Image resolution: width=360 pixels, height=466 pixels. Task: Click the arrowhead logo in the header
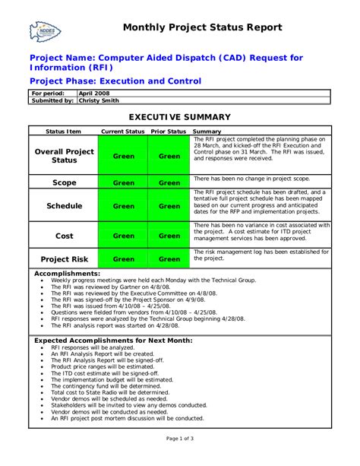[x=45, y=30]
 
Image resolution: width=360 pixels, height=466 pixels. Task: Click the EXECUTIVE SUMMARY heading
[x=179, y=117]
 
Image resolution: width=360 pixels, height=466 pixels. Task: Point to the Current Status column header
[x=123, y=132]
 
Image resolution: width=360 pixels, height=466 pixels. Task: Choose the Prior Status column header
[x=169, y=132]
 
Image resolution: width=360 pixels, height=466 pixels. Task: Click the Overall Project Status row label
[x=65, y=156]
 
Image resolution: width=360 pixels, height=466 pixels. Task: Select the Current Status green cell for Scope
[x=124, y=182]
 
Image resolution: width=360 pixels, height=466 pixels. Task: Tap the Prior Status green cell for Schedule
[x=169, y=206]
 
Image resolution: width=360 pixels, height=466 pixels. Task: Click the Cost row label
[x=65, y=236]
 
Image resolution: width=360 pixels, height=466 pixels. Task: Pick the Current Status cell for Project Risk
[x=124, y=259]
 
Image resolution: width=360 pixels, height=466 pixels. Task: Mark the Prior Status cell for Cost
[x=169, y=236]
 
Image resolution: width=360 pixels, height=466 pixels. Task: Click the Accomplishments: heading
[x=68, y=273]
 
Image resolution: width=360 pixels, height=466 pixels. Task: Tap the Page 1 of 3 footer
[x=179, y=439]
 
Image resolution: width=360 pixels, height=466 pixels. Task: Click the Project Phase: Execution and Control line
[x=115, y=81]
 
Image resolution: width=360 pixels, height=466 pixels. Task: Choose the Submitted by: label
[x=52, y=100]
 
